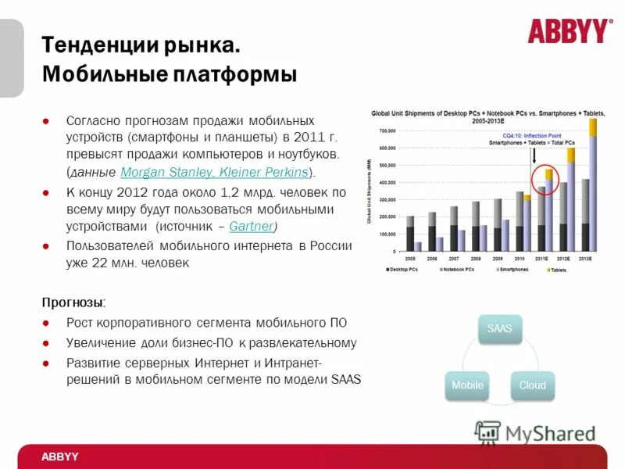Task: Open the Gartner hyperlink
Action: pyautogui.click(x=252, y=226)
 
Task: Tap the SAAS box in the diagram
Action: pyautogui.click(x=499, y=328)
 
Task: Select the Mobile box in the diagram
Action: pyautogui.click(x=467, y=385)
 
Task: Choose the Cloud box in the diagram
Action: pyautogui.click(x=533, y=385)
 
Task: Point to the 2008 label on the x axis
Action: pyautogui.click(x=475, y=257)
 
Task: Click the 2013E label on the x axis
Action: pyautogui.click(x=585, y=257)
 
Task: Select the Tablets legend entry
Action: pyautogui.click(x=558, y=270)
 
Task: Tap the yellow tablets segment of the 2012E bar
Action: pyautogui.click(x=571, y=155)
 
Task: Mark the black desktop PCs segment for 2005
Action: pyautogui.click(x=410, y=238)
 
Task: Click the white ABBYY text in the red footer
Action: pyautogui.click(x=60, y=456)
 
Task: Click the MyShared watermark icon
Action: pyautogui.click(x=487, y=432)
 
